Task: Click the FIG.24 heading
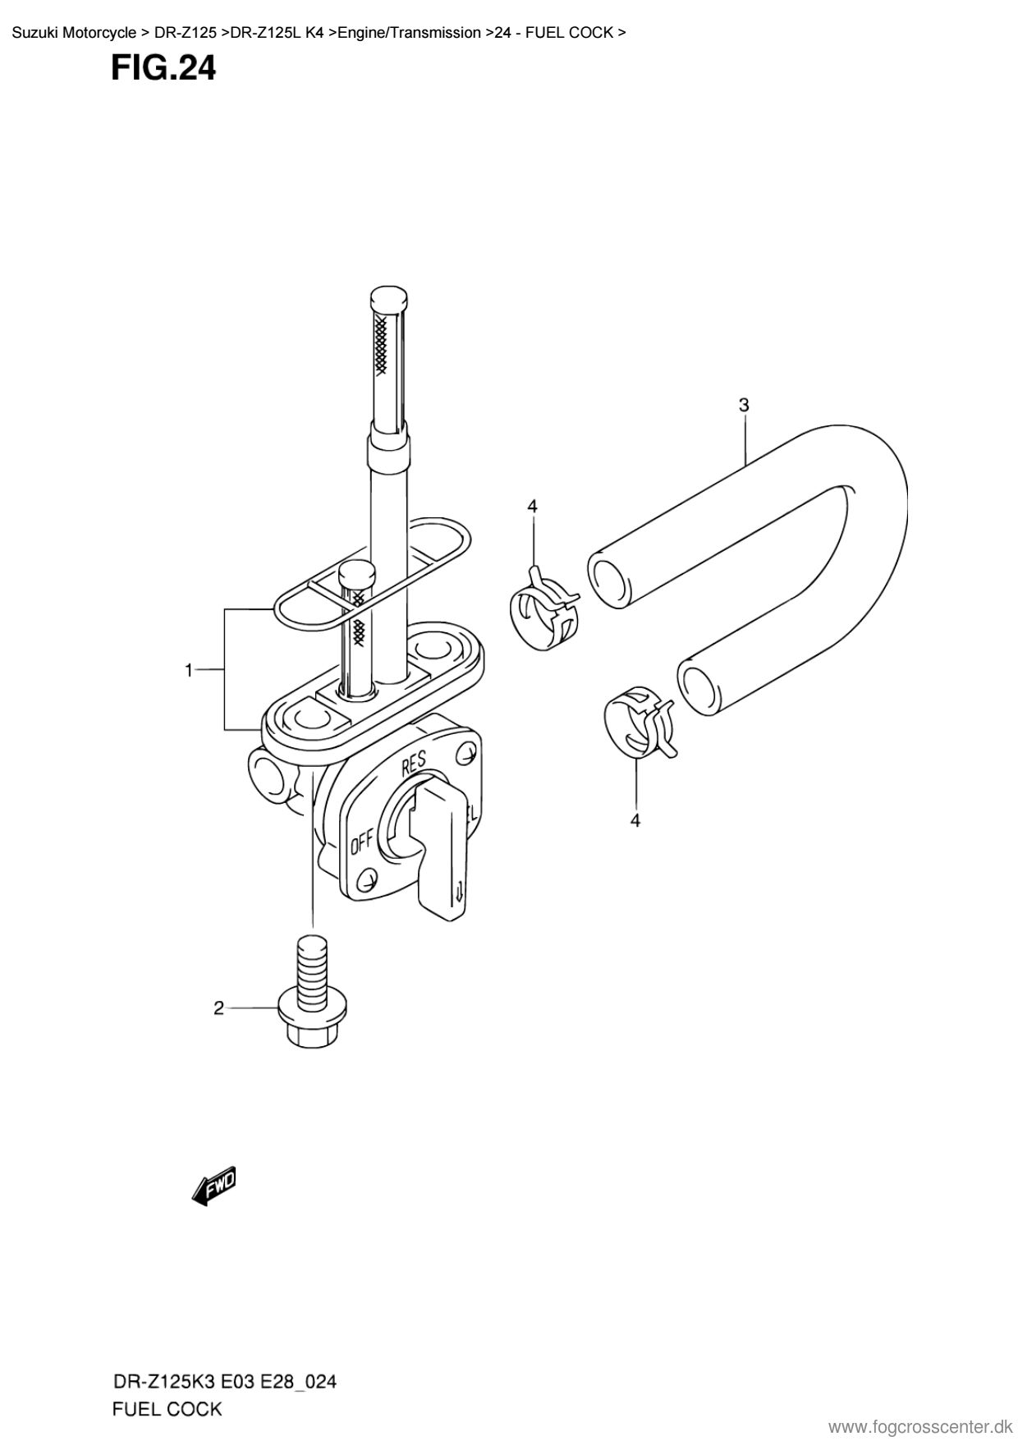click(x=163, y=68)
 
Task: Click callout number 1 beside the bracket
click(x=189, y=671)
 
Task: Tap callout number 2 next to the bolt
click(x=218, y=1007)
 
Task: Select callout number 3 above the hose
click(x=744, y=405)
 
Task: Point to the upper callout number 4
click(x=532, y=507)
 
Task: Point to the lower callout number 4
click(x=635, y=819)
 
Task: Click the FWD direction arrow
click(x=213, y=1186)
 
